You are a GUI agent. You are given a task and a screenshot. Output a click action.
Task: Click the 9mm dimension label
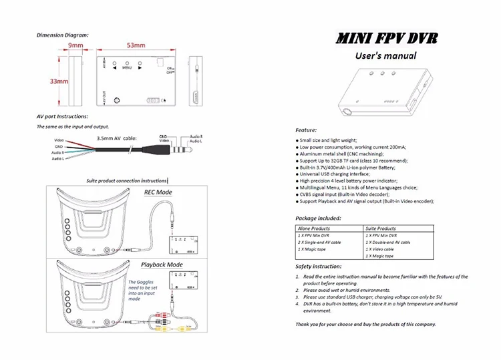[x=75, y=45]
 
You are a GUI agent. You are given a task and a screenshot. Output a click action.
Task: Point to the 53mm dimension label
[x=136, y=45]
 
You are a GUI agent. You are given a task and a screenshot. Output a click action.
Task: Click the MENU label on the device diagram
[x=127, y=68]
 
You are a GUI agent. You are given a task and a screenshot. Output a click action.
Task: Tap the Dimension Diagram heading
[x=62, y=35]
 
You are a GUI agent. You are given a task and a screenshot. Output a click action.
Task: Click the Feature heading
[x=306, y=130]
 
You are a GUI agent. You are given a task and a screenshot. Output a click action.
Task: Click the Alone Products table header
[x=313, y=228]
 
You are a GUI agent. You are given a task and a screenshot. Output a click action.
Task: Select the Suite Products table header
[x=381, y=228]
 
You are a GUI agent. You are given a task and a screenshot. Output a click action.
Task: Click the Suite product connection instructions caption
[x=128, y=181]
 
